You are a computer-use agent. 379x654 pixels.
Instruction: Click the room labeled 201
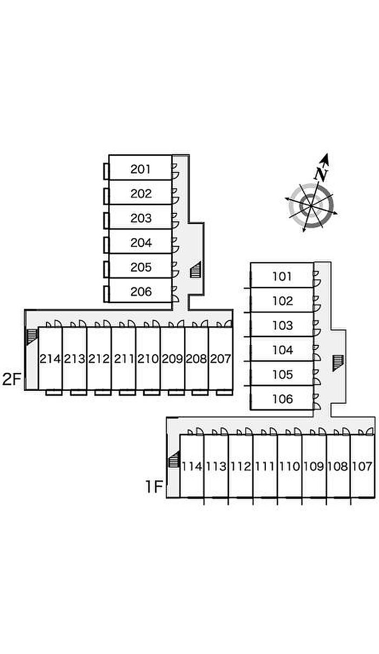(x=141, y=169)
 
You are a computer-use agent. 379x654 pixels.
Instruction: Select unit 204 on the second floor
(x=141, y=243)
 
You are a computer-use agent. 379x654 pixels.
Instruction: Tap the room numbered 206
(x=141, y=292)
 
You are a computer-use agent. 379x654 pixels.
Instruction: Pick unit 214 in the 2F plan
(x=50, y=358)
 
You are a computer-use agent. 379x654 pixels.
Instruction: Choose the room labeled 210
(x=148, y=358)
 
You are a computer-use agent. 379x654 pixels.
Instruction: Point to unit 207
(x=220, y=358)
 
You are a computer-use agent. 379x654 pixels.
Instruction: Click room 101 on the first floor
(x=282, y=277)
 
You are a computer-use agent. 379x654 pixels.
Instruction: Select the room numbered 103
(x=282, y=325)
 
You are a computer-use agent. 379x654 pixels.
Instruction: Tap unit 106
(x=282, y=399)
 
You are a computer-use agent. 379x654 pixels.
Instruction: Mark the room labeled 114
(x=192, y=466)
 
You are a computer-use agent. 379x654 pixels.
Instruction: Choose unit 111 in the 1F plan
(x=265, y=466)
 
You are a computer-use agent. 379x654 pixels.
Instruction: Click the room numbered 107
(x=362, y=466)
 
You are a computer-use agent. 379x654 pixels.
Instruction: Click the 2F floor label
(x=11, y=380)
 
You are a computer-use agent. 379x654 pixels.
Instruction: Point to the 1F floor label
(x=153, y=487)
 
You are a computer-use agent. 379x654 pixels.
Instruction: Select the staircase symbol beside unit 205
(x=195, y=269)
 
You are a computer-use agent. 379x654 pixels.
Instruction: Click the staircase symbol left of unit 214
(x=31, y=336)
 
